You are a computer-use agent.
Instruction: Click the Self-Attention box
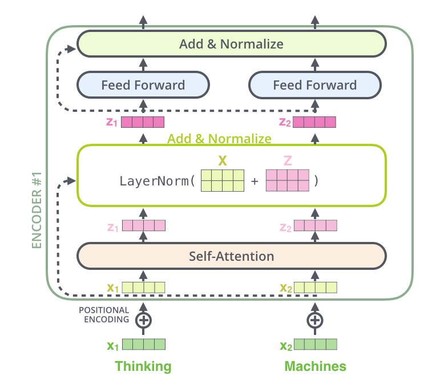(x=232, y=256)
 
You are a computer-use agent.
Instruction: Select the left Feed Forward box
(x=143, y=86)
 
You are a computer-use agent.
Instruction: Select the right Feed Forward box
(x=315, y=86)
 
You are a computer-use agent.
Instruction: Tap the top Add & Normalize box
(x=231, y=44)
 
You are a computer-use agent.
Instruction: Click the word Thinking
(x=143, y=366)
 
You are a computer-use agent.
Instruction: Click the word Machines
(x=315, y=366)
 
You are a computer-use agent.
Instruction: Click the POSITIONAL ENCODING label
(x=104, y=315)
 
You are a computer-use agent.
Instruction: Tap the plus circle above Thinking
(x=143, y=320)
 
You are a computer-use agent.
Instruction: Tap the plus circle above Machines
(x=315, y=320)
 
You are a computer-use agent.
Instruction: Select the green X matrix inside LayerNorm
(x=223, y=180)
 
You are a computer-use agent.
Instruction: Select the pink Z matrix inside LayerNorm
(x=288, y=180)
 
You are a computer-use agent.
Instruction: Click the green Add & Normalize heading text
(x=219, y=139)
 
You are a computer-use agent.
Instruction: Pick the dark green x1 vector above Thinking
(x=143, y=345)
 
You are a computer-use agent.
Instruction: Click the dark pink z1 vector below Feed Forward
(x=143, y=122)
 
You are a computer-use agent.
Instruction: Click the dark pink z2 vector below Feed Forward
(x=315, y=122)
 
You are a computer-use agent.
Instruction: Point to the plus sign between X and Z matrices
(x=255, y=181)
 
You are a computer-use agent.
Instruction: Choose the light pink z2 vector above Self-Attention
(x=315, y=226)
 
